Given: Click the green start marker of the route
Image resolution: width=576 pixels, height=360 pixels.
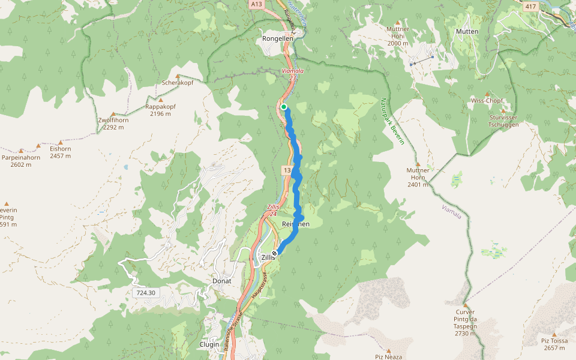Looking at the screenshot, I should point(284,107).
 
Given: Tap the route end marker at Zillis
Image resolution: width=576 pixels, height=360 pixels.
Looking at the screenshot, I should point(275,253).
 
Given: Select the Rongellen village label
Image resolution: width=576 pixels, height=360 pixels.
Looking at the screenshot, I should point(278,38).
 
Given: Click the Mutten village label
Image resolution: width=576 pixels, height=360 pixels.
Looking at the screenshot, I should point(467,32).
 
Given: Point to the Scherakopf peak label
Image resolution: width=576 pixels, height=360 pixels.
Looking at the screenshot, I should point(177,83).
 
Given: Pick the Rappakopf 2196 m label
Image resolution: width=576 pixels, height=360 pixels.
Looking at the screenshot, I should point(160,110).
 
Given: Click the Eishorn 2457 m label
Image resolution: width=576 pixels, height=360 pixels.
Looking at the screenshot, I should point(61,152).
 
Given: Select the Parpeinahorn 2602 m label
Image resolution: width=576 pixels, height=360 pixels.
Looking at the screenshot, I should point(21,161).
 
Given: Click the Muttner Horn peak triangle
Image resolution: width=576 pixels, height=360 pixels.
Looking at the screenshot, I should point(418,164).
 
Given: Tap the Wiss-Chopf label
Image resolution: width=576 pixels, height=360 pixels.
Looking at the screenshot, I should point(487,100).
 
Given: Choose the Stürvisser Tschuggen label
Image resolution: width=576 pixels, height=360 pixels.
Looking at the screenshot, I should point(503,121).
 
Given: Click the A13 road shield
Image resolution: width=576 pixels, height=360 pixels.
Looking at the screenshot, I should point(257,4).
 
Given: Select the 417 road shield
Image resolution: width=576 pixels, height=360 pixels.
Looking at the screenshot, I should point(530,7).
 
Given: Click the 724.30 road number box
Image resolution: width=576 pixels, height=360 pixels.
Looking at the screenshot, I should point(145,293).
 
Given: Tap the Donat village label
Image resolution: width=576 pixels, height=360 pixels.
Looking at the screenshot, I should point(222,281).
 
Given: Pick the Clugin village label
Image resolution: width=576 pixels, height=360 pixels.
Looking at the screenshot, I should point(209,344).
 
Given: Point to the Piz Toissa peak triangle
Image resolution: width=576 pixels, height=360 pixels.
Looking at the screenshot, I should point(554,334).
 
